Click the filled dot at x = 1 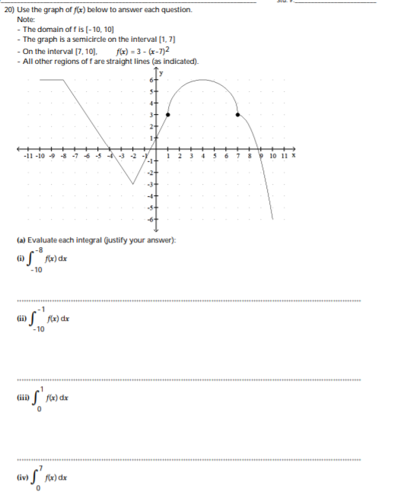click(x=167, y=114)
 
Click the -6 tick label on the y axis click(x=151, y=219)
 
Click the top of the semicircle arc click(x=203, y=78)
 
